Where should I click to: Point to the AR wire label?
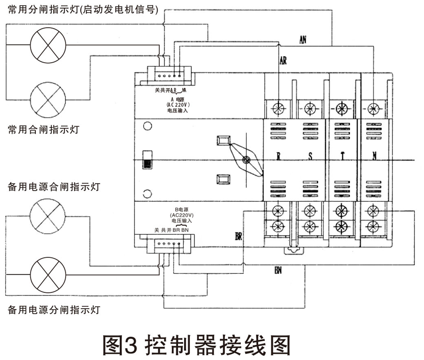(283, 61)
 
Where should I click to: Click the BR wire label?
(239, 236)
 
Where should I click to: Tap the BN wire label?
(279, 270)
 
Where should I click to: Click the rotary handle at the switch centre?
(245, 160)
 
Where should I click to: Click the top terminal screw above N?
(373, 108)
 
